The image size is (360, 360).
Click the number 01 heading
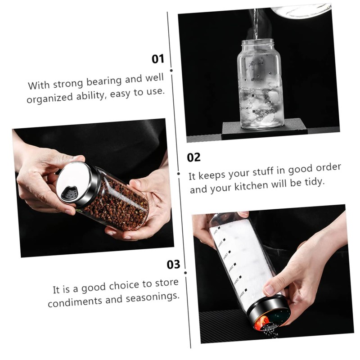[158, 58]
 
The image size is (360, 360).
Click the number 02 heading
[193, 157]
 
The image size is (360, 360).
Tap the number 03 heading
[173, 265]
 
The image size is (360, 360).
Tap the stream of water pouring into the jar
[256, 22]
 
